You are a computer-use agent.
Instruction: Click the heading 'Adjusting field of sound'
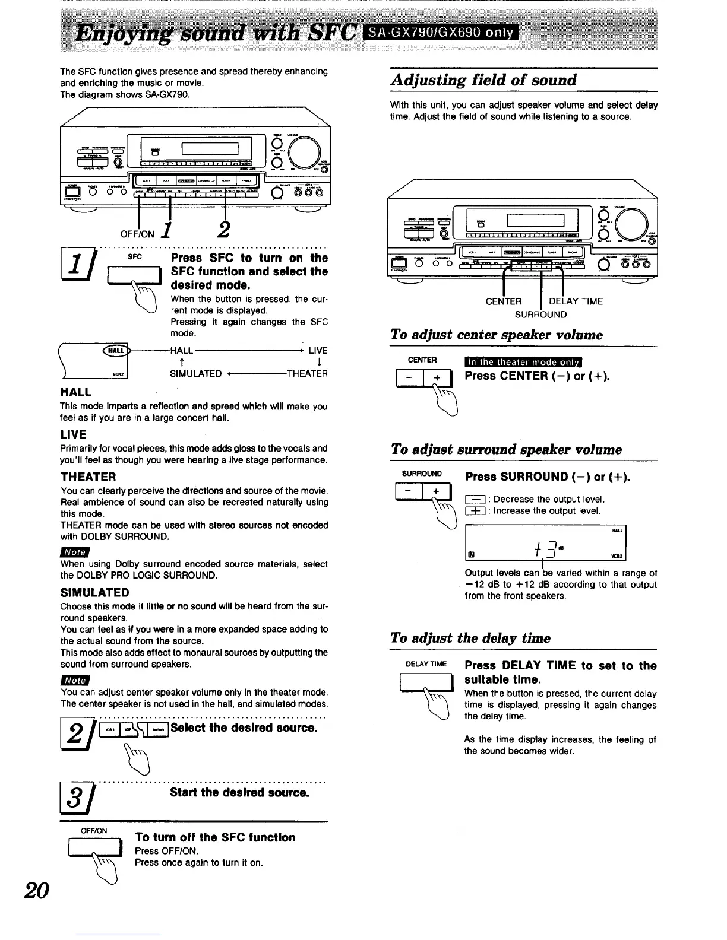click(483, 80)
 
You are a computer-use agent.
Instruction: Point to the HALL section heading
click(76, 392)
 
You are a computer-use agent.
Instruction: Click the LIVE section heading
click(73, 434)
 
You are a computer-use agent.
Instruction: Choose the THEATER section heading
click(88, 477)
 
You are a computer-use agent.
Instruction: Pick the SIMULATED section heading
click(94, 592)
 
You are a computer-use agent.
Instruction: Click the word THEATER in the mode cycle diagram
click(306, 373)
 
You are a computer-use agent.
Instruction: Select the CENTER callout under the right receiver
click(503, 301)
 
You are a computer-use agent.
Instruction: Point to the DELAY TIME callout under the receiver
click(576, 301)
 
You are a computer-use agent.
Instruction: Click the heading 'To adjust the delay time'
click(470, 638)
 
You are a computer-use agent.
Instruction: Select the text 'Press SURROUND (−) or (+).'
click(547, 477)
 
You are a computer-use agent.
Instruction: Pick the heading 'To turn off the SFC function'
click(215, 837)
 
